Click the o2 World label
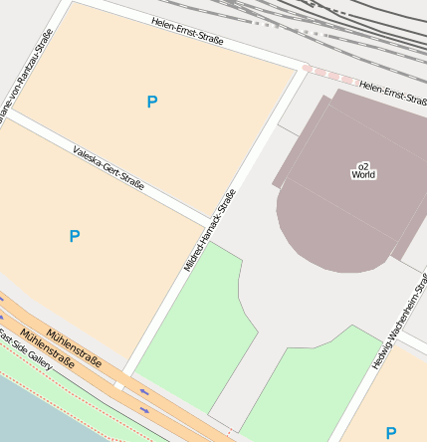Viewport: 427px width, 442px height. tap(363, 170)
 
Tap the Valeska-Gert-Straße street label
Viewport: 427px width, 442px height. tap(108, 167)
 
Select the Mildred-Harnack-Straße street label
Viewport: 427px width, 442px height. tap(209, 230)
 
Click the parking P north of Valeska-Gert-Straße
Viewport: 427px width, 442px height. tap(151, 102)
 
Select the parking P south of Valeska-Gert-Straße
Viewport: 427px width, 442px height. tap(75, 236)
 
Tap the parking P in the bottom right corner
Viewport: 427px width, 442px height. tap(390, 433)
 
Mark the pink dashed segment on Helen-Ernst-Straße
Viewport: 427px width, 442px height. tap(328, 75)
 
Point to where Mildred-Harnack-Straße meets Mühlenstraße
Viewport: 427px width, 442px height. tap(120, 382)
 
